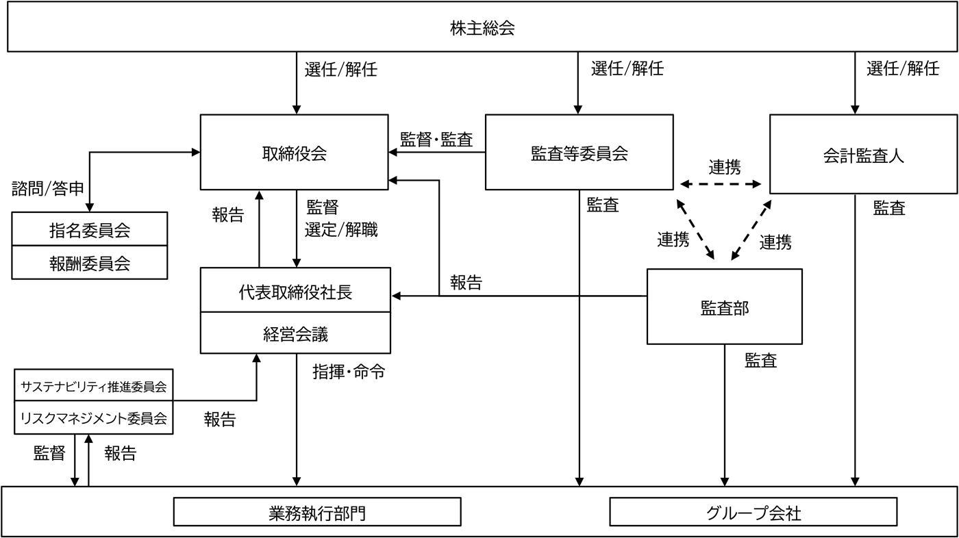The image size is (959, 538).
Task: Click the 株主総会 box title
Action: click(x=482, y=29)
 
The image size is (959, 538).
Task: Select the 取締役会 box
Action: click(x=295, y=153)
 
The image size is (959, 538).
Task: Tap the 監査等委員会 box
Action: click(x=579, y=153)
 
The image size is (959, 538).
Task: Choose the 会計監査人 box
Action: click(x=863, y=155)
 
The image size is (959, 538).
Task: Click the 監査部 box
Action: click(x=724, y=307)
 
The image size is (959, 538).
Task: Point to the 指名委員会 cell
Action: click(x=90, y=229)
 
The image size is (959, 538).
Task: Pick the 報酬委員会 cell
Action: click(x=90, y=262)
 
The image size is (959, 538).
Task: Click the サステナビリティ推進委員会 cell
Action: click(x=93, y=387)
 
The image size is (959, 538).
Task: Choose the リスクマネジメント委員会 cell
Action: click(x=93, y=418)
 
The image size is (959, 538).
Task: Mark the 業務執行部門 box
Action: click(x=317, y=512)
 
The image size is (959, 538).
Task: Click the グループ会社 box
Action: click(x=752, y=512)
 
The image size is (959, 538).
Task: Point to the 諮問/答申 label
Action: click(x=48, y=188)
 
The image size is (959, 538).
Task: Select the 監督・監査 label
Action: click(x=436, y=139)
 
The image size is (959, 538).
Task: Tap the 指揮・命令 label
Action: click(x=349, y=372)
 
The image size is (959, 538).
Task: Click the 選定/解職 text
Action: click(x=341, y=229)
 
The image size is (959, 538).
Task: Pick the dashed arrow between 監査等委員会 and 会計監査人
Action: click(x=721, y=185)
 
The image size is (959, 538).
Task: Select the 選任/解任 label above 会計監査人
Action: click(x=903, y=68)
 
